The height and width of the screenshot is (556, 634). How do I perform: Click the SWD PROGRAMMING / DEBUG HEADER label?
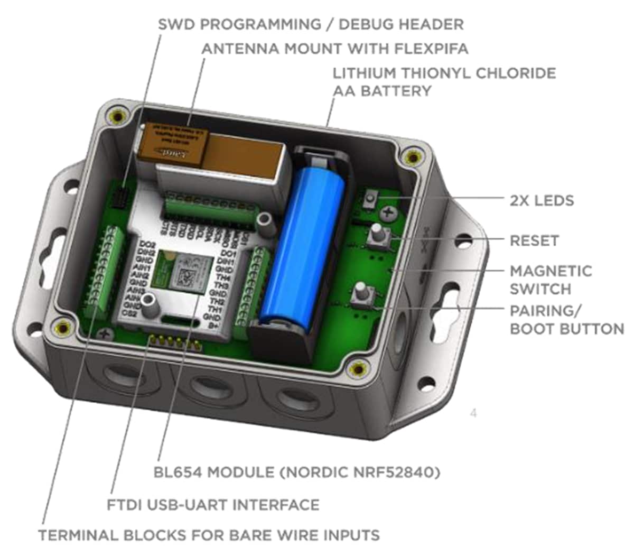click(x=311, y=24)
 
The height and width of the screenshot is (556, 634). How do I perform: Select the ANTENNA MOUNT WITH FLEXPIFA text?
click(x=335, y=49)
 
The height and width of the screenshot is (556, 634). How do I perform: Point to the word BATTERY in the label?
click(x=382, y=91)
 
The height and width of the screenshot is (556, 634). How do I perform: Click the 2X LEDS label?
click(x=542, y=201)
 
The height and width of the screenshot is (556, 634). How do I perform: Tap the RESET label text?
click(x=534, y=241)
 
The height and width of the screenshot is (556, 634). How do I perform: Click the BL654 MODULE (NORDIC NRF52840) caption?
click(x=297, y=472)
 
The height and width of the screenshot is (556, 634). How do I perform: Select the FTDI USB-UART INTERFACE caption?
click(x=213, y=505)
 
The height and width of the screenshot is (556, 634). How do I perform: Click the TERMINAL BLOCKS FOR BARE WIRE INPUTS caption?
click(x=209, y=535)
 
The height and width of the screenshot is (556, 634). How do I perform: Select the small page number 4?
click(x=473, y=413)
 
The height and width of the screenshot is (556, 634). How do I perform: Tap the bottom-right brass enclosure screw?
click(x=360, y=368)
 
